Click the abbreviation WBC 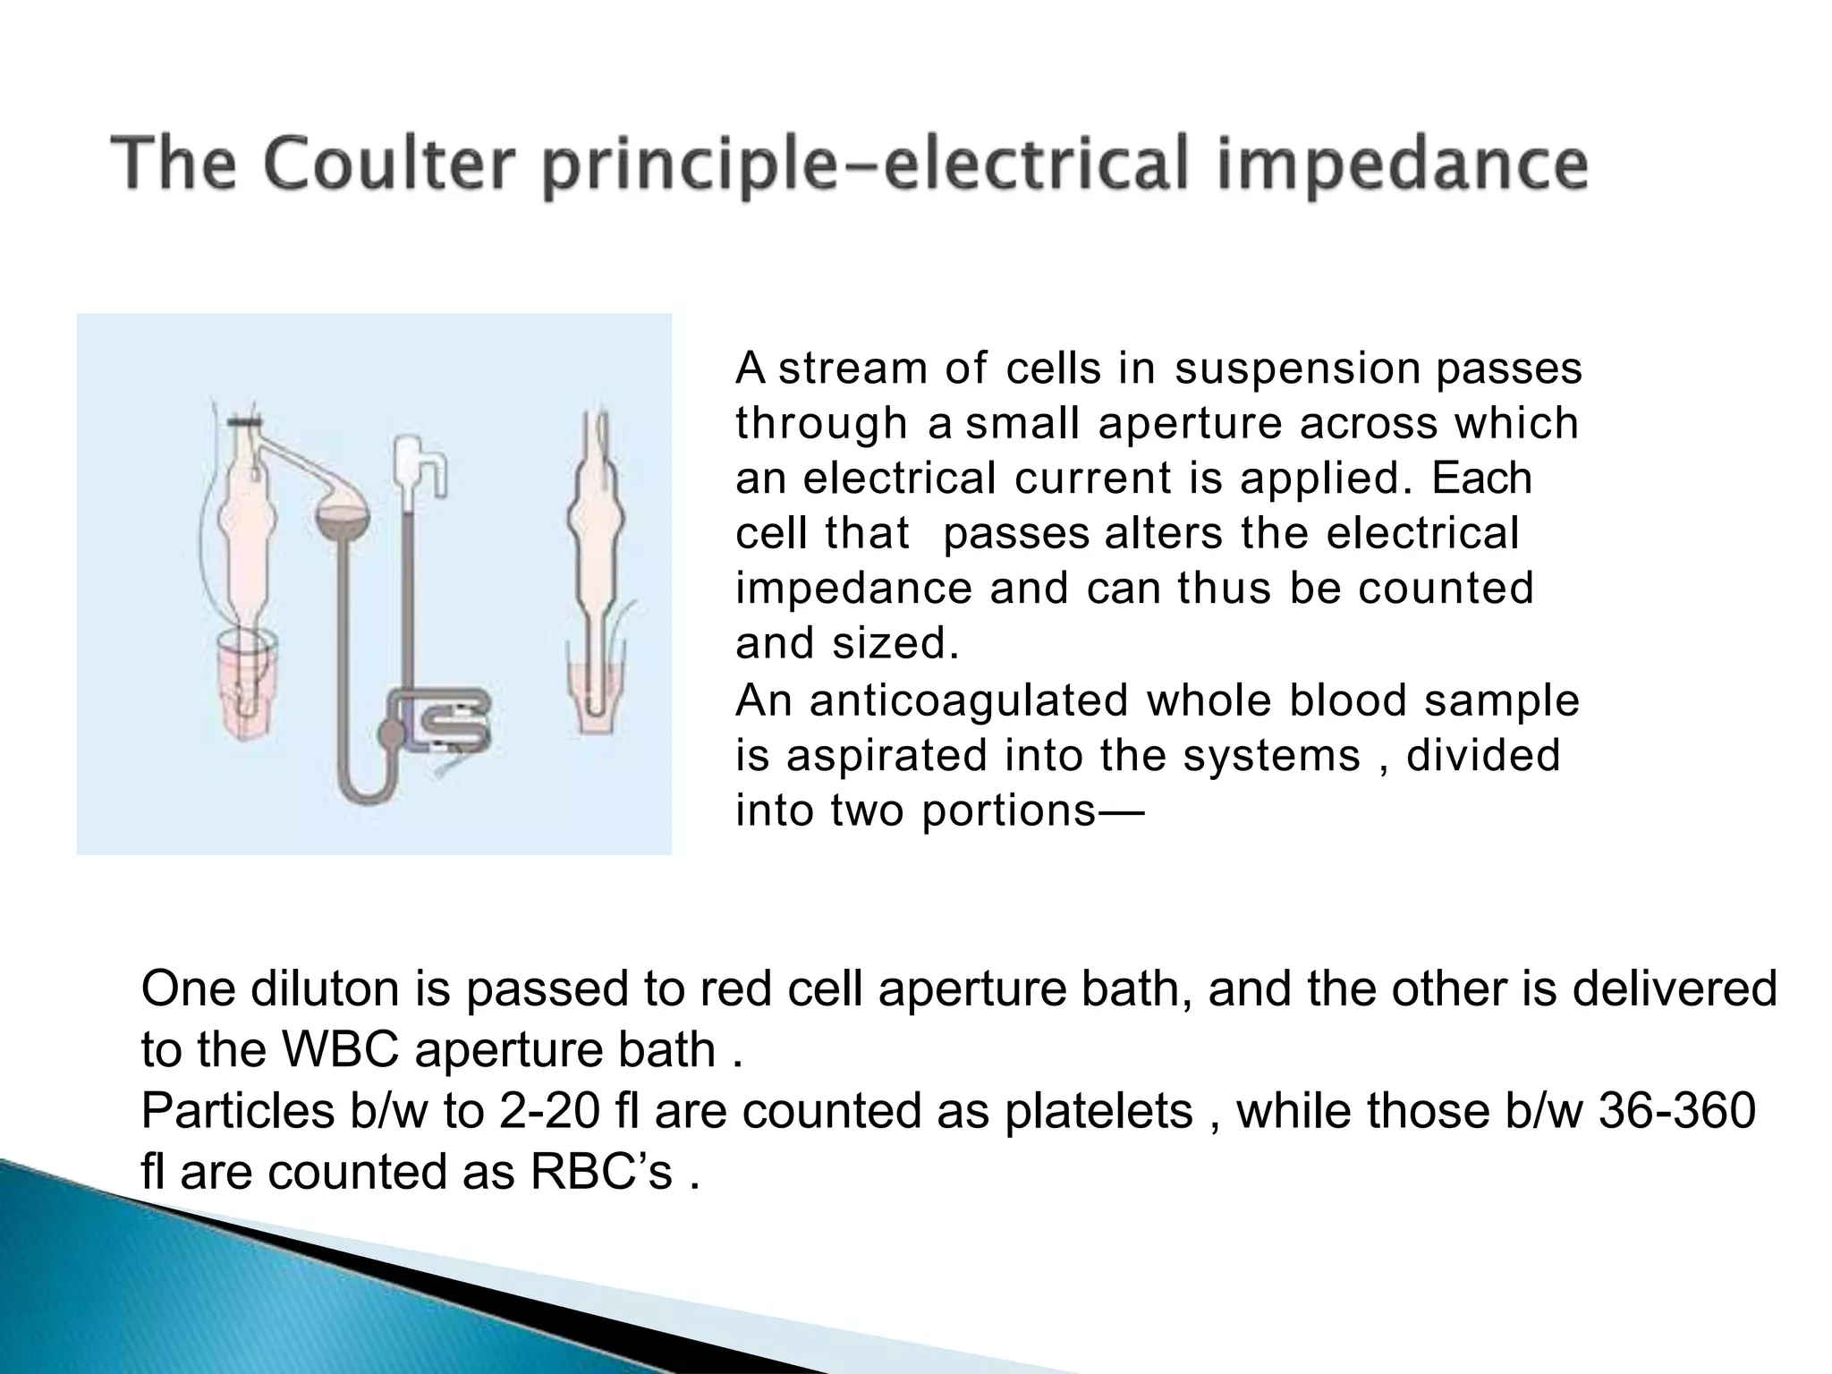coord(340,1050)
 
